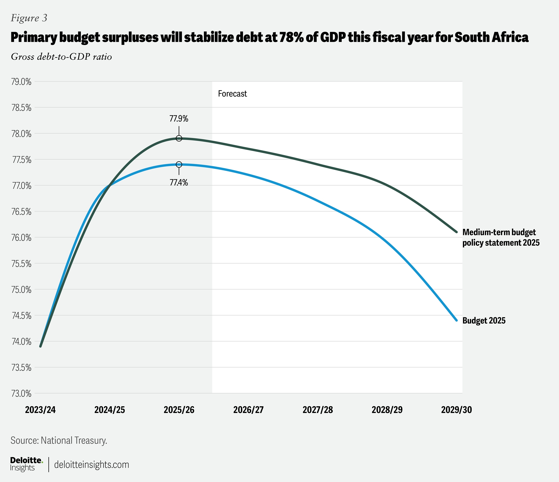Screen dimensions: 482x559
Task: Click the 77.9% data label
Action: (179, 119)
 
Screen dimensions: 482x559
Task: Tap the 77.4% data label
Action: (179, 183)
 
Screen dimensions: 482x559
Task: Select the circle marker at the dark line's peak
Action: (179, 139)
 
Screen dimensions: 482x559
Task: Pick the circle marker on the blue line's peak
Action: (179, 164)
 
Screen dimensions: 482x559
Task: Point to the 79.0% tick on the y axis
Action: (21, 82)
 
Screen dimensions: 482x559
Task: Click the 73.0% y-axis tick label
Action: (21, 393)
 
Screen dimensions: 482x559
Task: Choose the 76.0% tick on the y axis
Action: (21, 238)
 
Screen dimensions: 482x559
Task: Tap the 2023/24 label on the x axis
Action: (40, 410)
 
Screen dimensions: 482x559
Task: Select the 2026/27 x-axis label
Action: (248, 410)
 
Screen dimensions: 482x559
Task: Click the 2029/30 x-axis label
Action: (456, 410)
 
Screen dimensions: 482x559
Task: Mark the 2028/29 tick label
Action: (387, 410)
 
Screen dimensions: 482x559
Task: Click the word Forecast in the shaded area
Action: (232, 94)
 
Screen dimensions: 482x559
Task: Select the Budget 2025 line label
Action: (484, 321)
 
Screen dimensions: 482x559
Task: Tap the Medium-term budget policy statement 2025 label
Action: (501, 237)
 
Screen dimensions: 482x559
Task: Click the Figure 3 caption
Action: (29, 18)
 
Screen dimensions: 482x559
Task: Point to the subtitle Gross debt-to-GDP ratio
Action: (61, 57)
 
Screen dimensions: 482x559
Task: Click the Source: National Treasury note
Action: (59, 440)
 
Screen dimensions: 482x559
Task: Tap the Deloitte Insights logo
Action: (26, 464)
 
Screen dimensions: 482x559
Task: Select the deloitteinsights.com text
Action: (91, 465)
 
